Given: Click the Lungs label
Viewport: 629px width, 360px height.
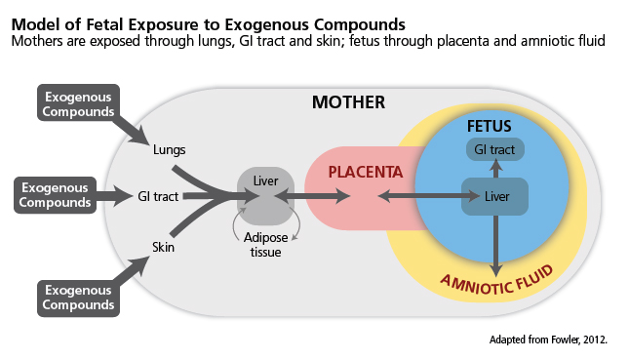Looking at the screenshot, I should (169, 150).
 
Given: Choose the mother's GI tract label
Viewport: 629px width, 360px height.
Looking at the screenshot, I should (158, 196).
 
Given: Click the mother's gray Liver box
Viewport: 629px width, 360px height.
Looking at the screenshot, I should (264, 195).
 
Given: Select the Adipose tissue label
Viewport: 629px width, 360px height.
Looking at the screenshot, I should (264, 245).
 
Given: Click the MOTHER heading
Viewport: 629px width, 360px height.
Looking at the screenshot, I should (348, 101).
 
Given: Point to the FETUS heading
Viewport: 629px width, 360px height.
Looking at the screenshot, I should (489, 127).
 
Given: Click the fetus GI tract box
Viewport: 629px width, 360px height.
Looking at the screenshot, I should (494, 149).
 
